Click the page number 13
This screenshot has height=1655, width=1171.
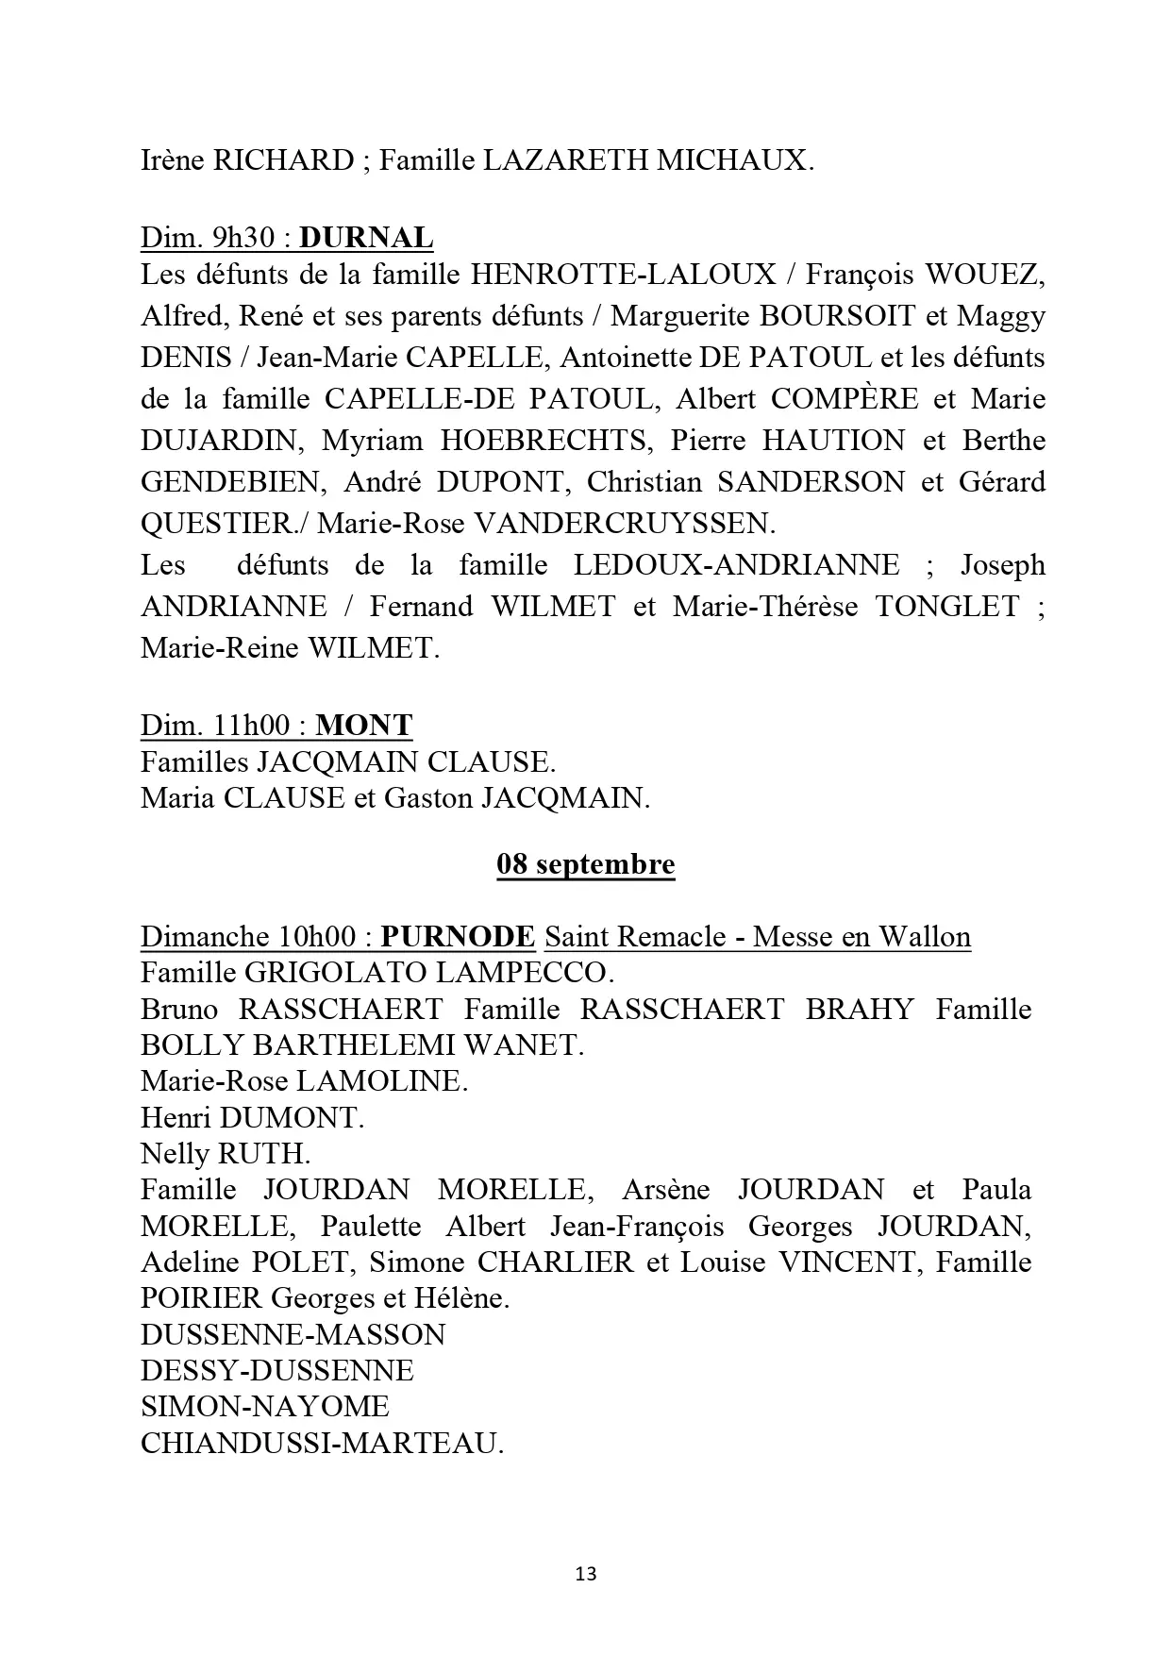(x=585, y=1573)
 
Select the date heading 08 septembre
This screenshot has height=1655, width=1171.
(x=585, y=864)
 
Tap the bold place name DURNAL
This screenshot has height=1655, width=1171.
(x=366, y=238)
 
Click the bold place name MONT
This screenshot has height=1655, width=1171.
(x=364, y=726)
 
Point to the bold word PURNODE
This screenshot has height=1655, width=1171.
(x=459, y=937)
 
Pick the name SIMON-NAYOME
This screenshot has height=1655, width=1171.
(x=264, y=1407)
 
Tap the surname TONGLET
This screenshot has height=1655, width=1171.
(x=947, y=607)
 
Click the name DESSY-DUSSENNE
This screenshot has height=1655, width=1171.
(x=277, y=1371)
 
